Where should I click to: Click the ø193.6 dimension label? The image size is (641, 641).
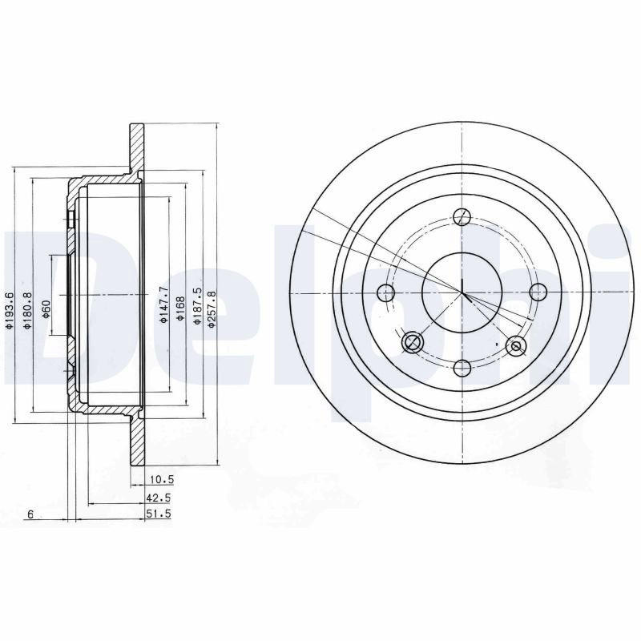[9, 311]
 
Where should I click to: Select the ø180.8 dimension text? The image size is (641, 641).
[27, 311]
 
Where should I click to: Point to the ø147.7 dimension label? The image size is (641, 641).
[163, 304]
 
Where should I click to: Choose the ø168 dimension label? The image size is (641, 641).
[180, 308]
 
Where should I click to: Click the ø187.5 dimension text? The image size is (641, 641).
[197, 306]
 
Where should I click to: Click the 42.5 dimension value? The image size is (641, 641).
[159, 498]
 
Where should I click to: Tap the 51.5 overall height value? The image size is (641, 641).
[159, 514]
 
